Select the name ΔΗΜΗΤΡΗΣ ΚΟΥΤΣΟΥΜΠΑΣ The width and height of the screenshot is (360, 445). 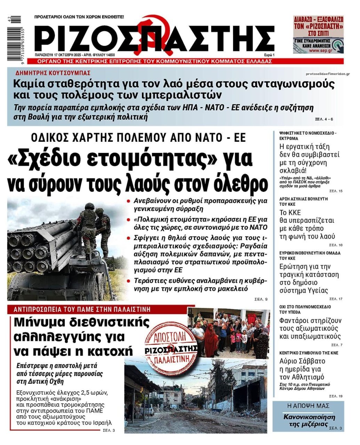click(x=53, y=73)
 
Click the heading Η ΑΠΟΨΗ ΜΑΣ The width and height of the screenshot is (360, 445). click(x=308, y=406)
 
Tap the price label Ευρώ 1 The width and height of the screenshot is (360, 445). click(x=269, y=55)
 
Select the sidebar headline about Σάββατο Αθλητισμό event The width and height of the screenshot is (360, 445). click(x=302, y=369)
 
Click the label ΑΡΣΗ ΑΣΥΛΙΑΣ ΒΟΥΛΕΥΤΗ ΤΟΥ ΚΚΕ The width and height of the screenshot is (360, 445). click(x=303, y=202)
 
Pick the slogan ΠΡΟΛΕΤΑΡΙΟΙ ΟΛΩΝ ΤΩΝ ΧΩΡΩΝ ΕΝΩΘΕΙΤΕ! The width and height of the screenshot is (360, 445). click(x=79, y=17)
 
